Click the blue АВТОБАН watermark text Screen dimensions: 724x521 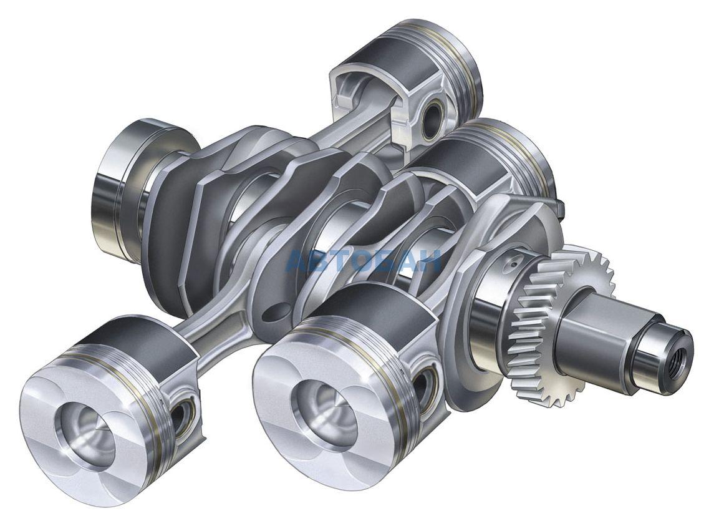pyautogui.click(x=364, y=261)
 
